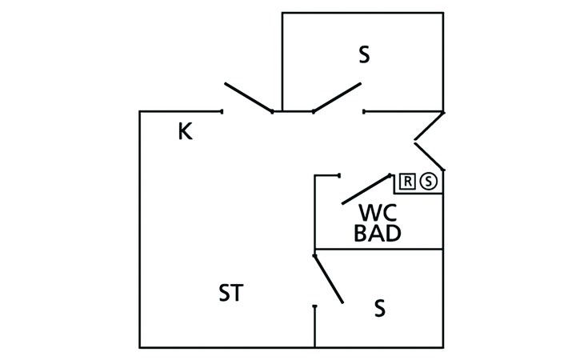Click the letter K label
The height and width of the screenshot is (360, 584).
point(185,131)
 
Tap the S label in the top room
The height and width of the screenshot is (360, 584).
point(364,55)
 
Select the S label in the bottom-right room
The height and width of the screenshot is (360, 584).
point(380,307)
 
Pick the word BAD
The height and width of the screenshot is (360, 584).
point(377,234)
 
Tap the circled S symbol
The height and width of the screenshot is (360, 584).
point(429,182)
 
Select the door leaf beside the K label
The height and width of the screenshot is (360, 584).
point(249,97)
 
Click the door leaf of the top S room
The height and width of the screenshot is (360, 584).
point(337,98)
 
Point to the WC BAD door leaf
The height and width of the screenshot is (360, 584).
point(366,189)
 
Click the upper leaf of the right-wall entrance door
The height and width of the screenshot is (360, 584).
point(429,126)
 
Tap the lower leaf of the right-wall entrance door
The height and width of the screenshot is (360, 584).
point(429,157)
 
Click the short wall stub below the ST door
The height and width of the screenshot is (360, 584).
point(315,326)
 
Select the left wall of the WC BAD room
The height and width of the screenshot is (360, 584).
point(314,212)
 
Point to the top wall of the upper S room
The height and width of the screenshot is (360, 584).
point(362,13)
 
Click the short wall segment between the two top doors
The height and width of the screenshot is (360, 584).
point(293,111)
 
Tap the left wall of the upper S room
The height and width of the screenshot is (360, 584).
point(283,61)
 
